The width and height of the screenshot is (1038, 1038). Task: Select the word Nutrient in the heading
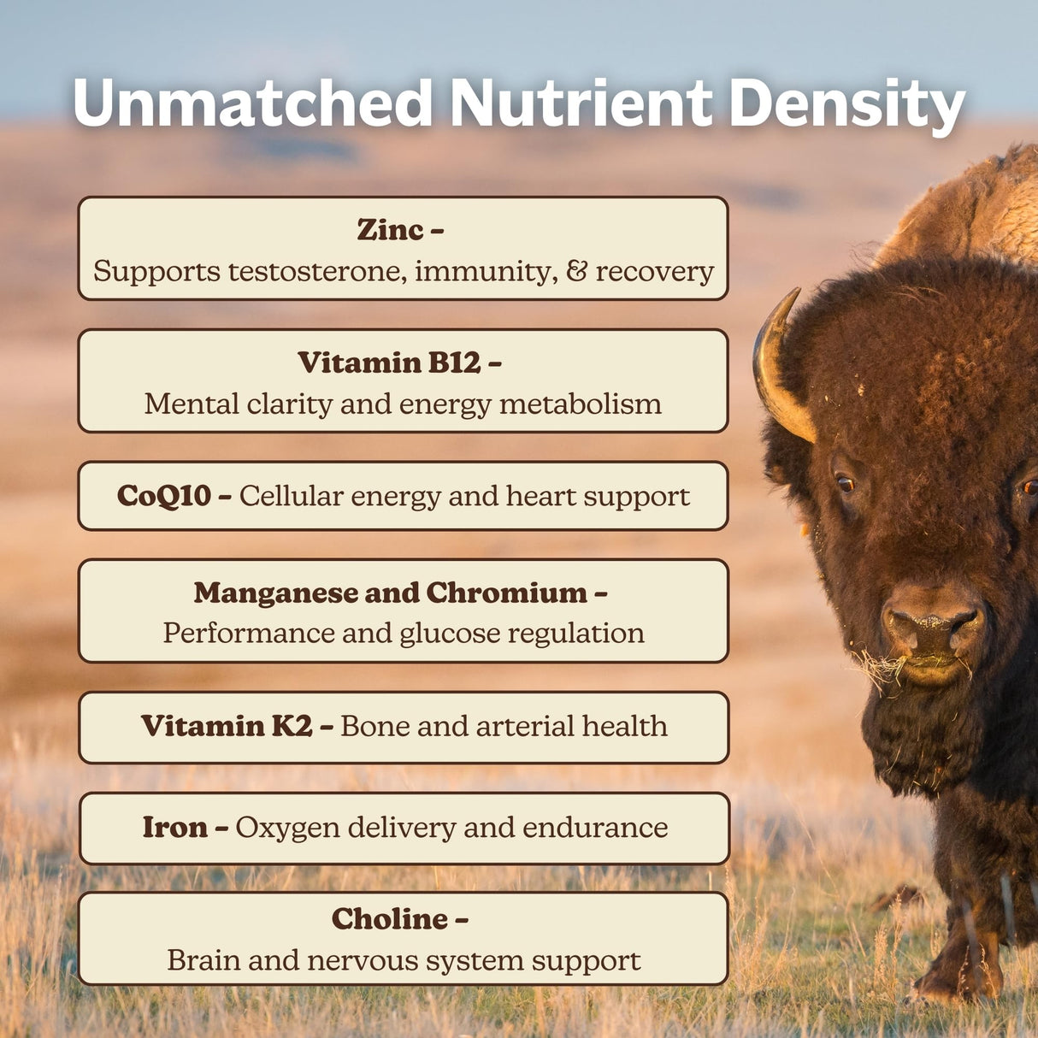pyautogui.click(x=581, y=104)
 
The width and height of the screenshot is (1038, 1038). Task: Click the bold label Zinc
pyautogui.click(x=390, y=230)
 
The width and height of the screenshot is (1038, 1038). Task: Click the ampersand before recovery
pyautogui.click(x=577, y=271)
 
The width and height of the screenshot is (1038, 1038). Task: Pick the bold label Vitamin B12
pyautogui.click(x=389, y=363)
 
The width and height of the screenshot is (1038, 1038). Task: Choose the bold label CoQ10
pyautogui.click(x=163, y=496)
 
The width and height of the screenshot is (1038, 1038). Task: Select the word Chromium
pyautogui.click(x=506, y=593)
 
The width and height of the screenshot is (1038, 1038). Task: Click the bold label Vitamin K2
pyautogui.click(x=227, y=726)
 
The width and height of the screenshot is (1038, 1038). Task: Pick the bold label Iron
pyautogui.click(x=174, y=827)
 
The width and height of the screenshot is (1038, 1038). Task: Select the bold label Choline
pyautogui.click(x=390, y=919)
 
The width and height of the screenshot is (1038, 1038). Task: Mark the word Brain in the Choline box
pyautogui.click(x=203, y=960)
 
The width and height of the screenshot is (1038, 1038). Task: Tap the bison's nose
pyautogui.click(x=932, y=628)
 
